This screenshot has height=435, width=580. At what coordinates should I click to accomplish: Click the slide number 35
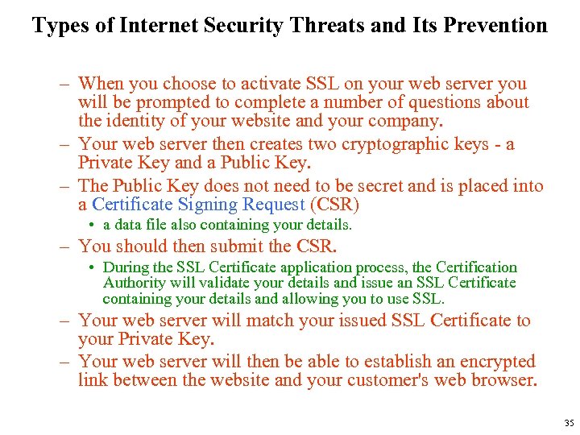pyautogui.click(x=569, y=423)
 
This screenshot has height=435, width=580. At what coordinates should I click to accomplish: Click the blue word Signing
pyautogui.click(x=204, y=205)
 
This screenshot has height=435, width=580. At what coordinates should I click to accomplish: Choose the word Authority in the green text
pyautogui.click(x=135, y=283)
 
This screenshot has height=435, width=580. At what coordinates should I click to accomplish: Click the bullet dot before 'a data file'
pyautogui.click(x=94, y=226)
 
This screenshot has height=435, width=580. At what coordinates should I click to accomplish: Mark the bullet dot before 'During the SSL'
pyautogui.click(x=94, y=267)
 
